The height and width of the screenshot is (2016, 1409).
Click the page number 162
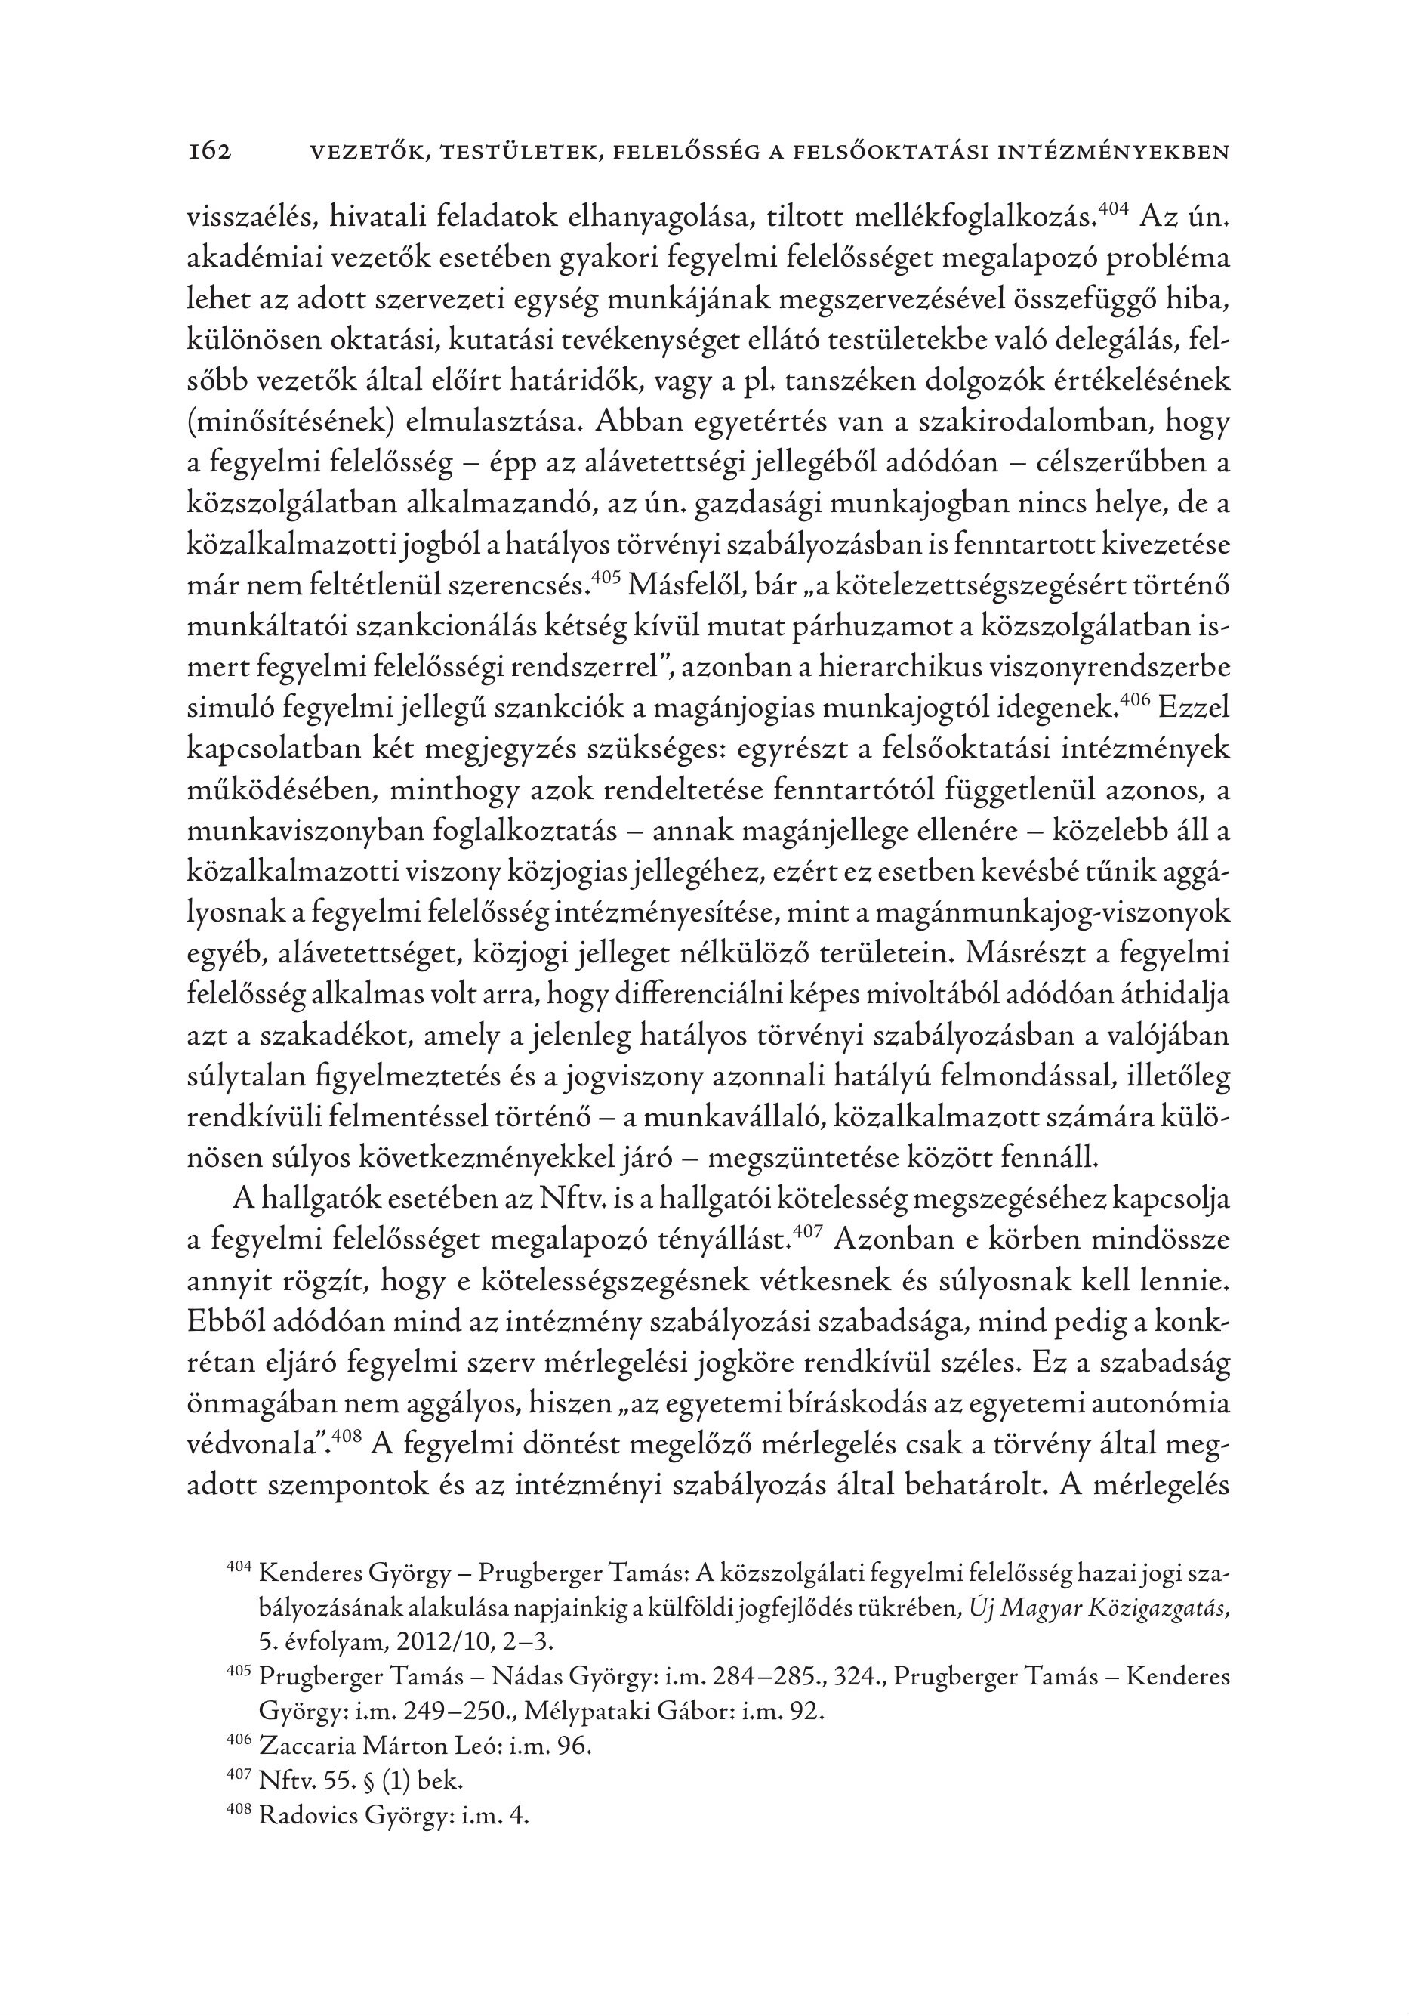pos(209,153)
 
